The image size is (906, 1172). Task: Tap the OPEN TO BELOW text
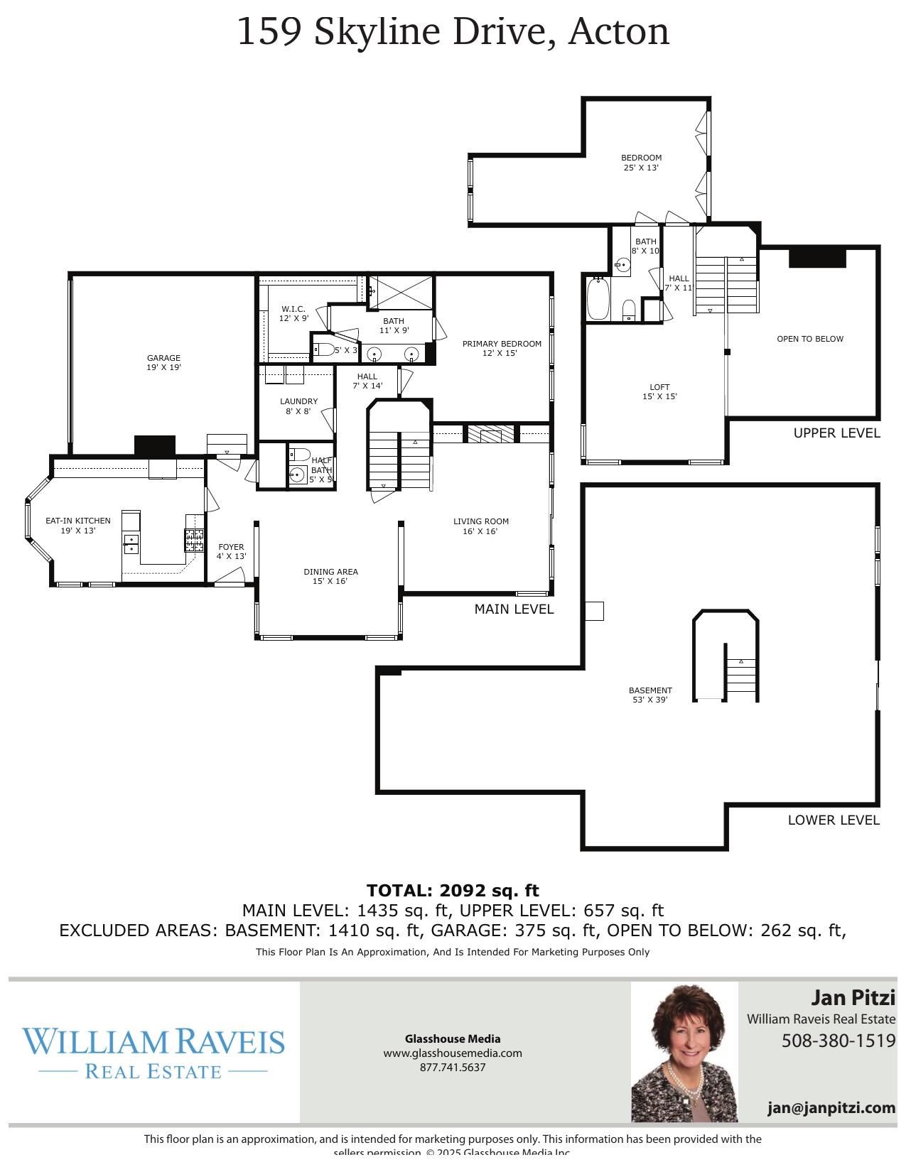click(810, 339)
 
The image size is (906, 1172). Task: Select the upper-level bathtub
click(598, 298)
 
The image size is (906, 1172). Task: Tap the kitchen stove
click(194, 541)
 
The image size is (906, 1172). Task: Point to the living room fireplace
click(490, 434)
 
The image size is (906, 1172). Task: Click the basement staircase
click(741, 678)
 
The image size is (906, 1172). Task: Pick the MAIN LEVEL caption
click(514, 609)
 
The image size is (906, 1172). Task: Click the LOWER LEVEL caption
click(834, 820)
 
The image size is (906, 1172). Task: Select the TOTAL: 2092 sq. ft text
click(453, 890)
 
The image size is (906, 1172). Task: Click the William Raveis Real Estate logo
click(153, 1052)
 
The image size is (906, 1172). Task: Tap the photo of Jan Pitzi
click(684, 1052)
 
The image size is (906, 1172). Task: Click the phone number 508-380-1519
click(838, 1041)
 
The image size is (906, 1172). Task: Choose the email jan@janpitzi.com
click(831, 1107)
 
